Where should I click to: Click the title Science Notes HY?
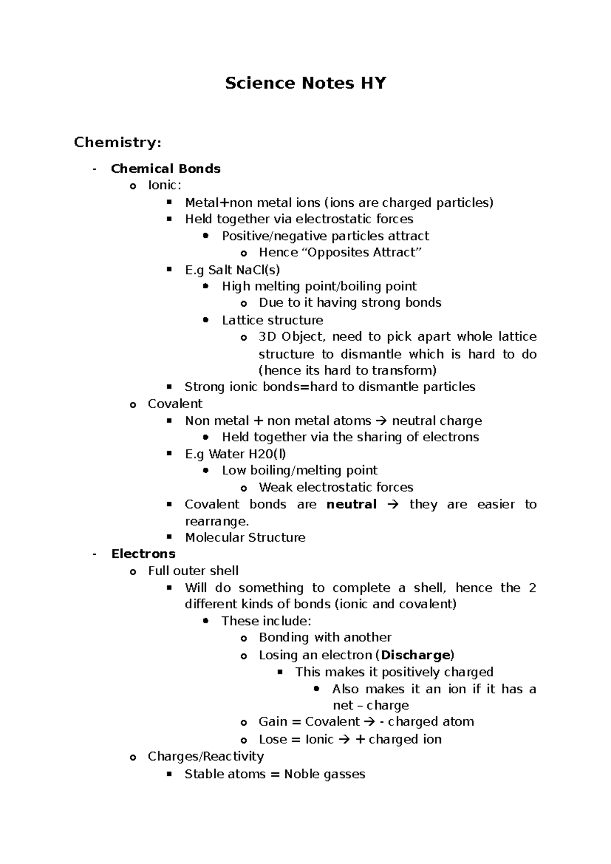pos(305,83)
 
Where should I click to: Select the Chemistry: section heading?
pos(118,142)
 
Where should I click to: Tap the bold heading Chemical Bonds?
pos(165,169)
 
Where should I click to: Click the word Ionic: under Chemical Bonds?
pos(164,185)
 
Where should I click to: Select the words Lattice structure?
pos(272,320)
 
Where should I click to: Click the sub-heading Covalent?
pos(175,403)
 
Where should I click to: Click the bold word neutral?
pos(351,504)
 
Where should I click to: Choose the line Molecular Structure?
pos(245,537)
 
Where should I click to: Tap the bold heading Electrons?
pos(143,554)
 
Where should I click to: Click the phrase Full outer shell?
pos(193,571)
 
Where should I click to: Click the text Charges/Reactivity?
pos(206,756)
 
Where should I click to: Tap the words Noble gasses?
pos(324,774)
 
